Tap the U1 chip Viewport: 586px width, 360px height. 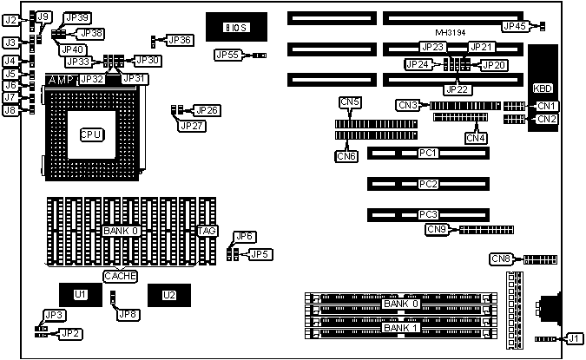81,295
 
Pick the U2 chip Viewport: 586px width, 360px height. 168,295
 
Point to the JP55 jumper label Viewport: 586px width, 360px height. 227,56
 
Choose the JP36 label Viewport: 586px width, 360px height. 180,40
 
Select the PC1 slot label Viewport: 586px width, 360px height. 427,154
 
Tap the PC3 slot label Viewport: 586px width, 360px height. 427,214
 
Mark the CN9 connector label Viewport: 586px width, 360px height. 437,230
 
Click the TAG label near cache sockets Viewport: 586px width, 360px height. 207,232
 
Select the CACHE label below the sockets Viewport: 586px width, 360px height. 120,276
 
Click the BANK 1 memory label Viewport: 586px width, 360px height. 401,328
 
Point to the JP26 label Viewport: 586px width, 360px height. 207,110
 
